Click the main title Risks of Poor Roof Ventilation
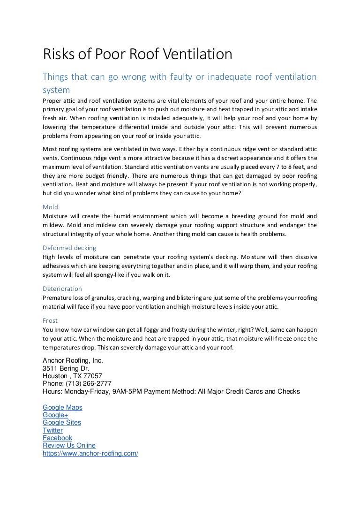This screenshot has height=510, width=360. [x=137, y=55]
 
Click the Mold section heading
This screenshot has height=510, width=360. [x=50, y=207]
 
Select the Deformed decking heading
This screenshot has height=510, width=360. [x=69, y=248]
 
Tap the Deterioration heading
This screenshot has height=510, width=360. [x=62, y=289]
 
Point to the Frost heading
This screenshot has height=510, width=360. [x=50, y=320]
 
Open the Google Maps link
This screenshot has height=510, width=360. [x=62, y=408]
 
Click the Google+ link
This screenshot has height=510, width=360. [x=55, y=415]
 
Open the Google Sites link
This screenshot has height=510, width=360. [x=61, y=423]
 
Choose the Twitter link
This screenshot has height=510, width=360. [x=52, y=430]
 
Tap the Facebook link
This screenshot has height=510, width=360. [x=57, y=438]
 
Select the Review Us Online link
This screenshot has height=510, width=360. [x=69, y=445]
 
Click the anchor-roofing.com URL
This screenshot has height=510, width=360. [x=90, y=453]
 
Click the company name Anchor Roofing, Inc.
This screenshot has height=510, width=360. [x=73, y=361]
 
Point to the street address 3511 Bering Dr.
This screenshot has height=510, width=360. [x=66, y=368]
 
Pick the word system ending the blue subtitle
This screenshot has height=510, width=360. [x=56, y=89]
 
